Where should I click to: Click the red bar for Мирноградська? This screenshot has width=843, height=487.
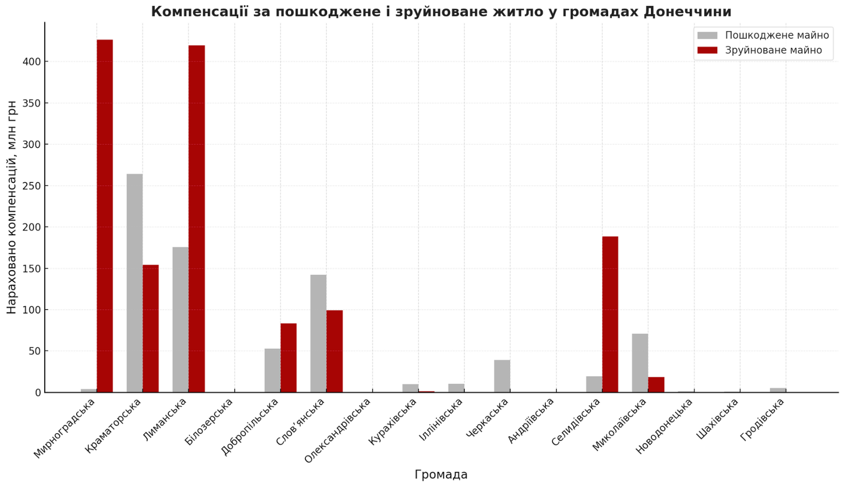pyautogui.click(x=105, y=216)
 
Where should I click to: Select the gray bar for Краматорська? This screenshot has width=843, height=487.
pyautogui.click(x=135, y=283)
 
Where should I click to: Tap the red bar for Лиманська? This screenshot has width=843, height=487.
pyautogui.click(x=197, y=219)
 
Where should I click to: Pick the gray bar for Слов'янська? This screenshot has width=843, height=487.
pyautogui.click(x=319, y=333)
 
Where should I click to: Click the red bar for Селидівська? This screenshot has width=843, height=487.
pyautogui.click(x=610, y=314)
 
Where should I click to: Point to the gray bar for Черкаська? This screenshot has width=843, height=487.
pyautogui.click(x=502, y=376)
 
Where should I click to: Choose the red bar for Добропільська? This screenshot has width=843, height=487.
pyautogui.click(x=289, y=358)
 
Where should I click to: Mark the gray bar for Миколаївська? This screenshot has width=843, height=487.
pyautogui.click(x=640, y=363)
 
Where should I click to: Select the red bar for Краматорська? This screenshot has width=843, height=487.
pyautogui.click(x=151, y=329)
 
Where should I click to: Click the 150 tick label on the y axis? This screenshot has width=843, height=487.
pyautogui.click(x=32, y=269)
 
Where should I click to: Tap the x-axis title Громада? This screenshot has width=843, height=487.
pyautogui.click(x=441, y=474)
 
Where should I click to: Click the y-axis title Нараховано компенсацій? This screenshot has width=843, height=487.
pyautogui.click(x=12, y=207)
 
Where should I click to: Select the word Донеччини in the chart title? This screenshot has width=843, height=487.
pyautogui.click(x=688, y=11)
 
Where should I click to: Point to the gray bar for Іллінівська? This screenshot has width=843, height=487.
pyautogui.click(x=456, y=388)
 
